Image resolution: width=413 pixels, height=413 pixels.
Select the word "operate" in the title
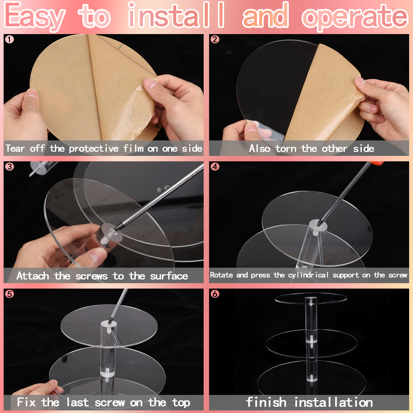tap(355, 17)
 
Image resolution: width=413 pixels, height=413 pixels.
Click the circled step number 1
tap(10, 39)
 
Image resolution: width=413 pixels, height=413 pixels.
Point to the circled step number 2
tap(215, 39)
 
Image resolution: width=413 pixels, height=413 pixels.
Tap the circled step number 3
tap(10, 167)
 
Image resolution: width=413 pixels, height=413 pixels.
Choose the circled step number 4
tap(215, 167)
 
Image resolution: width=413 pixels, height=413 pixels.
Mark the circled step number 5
tap(10, 294)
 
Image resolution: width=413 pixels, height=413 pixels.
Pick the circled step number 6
tap(215, 294)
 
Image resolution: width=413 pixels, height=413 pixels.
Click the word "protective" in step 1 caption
tap(94, 149)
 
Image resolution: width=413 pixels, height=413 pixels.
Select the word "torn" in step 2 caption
tap(286, 149)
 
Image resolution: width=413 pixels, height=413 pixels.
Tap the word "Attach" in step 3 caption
tap(33, 276)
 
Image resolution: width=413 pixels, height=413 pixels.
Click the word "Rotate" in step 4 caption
tap(221, 275)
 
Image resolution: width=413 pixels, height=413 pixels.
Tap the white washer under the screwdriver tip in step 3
tap(112, 232)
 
